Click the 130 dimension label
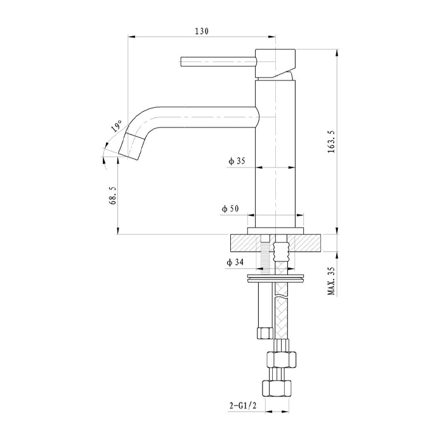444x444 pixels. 202,31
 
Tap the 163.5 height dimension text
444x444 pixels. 331,141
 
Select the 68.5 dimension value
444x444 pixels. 113,195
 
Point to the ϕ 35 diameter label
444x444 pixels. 237,161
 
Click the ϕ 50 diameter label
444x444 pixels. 230,209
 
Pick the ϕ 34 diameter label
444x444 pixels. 235,263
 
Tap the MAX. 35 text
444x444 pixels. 331,281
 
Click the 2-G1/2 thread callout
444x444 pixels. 243,407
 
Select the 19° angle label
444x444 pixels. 116,126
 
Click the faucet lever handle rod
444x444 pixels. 218,62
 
